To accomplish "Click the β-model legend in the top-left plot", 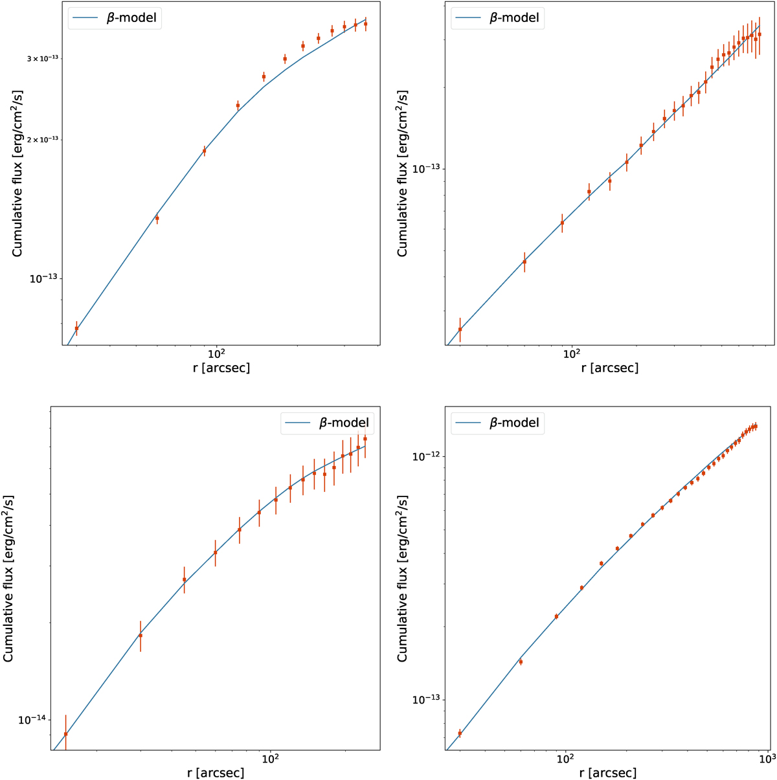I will pyautogui.click(x=115, y=18).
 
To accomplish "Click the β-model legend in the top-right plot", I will pyautogui.click(x=497, y=18).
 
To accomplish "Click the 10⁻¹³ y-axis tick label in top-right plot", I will pyautogui.click(x=427, y=169).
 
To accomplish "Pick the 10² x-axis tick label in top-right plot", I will pyautogui.click(x=571, y=353).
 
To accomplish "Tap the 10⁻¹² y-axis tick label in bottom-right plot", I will pyautogui.click(x=427, y=456).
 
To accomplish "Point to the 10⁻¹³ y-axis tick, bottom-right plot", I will pyautogui.click(x=427, y=700).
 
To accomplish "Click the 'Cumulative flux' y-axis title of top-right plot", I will pyautogui.click(x=403, y=173).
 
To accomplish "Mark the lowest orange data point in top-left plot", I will pyautogui.click(x=76, y=328).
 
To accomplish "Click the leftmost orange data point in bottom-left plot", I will pyautogui.click(x=65, y=734).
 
